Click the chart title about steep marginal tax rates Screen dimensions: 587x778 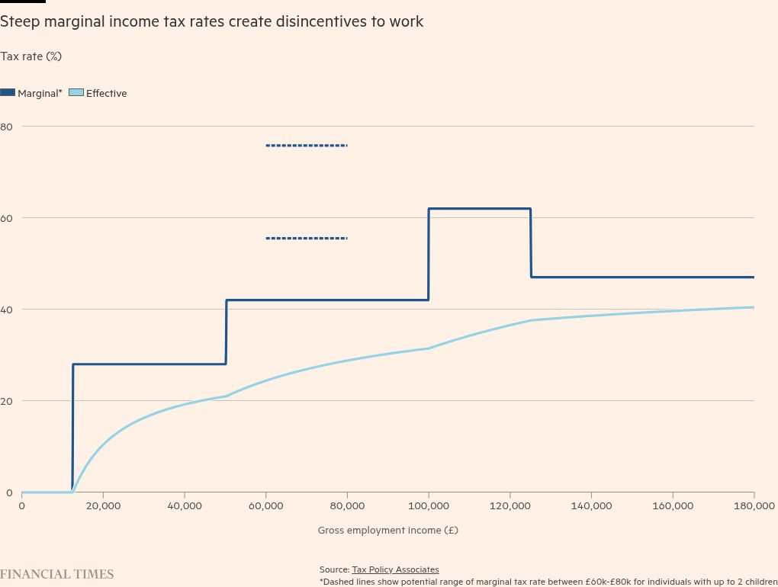(x=211, y=21)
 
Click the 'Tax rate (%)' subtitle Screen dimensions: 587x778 (x=31, y=56)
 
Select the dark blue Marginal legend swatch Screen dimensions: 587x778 (x=8, y=92)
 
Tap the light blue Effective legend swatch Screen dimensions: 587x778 (x=76, y=92)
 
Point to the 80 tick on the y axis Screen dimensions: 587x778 (x=6, y=127)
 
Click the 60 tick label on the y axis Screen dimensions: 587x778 (x=6, y=218)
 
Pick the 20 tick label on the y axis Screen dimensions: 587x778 (x=6, y=401)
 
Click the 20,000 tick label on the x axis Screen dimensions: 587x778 (x=103, y=505)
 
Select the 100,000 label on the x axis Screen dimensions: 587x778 (x=429, y=505)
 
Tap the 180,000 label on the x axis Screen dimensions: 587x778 (x=754, y=505)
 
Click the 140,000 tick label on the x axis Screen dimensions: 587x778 (x=591, y=505)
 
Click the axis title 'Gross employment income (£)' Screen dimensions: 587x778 (x=387, y=530)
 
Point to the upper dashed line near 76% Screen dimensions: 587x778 (x=307, y=146)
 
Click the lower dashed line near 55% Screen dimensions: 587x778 (x=307, y=239)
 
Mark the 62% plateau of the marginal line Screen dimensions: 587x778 (x=479, y=209)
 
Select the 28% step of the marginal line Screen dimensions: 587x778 (x=149, y=364)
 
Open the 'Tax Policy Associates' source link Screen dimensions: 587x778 (x=395, y=569)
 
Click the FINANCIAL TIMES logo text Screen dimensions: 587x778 (x=56, y=574)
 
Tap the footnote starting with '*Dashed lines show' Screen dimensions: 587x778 (x=548, y=582)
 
